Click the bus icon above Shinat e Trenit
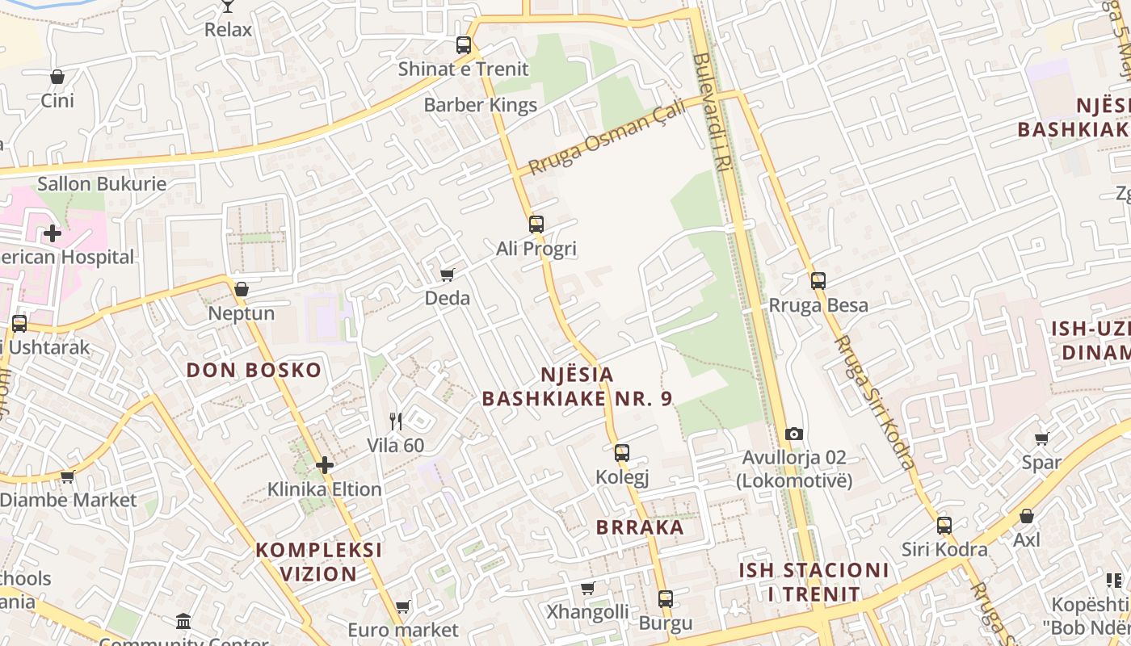(463, 45)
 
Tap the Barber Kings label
(480, 105)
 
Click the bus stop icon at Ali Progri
(536, 224)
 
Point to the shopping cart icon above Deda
(447, 275)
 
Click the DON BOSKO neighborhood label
(254, 371)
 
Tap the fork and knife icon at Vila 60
(396, 421)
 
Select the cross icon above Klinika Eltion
(325, 465)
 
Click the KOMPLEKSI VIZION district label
(318, 562)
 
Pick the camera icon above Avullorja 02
(794, 434)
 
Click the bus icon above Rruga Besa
(818, 281)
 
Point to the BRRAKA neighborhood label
(640, 527)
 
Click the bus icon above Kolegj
(622, 453)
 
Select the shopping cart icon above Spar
(1041, 438)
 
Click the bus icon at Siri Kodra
(944, 526)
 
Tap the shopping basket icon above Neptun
(241, 289)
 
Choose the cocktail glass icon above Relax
(228, 6)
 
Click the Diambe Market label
(69, 500)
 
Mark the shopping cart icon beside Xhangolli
(588, 588)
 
